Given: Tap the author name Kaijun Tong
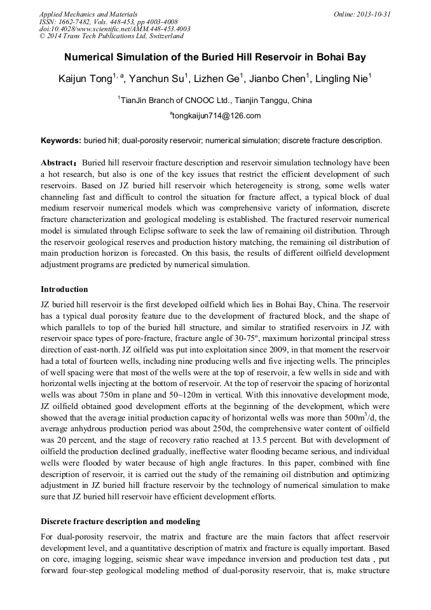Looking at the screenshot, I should coord(85,79).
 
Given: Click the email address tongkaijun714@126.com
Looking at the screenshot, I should coord(215,115).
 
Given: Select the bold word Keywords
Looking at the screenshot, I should coord(60,140).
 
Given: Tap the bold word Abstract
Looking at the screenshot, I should coord(58,163).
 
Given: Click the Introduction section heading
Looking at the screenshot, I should coord(64,289).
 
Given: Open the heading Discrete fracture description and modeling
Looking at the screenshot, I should coord(120,522).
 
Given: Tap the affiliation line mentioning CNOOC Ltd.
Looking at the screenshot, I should coord(215,100).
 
